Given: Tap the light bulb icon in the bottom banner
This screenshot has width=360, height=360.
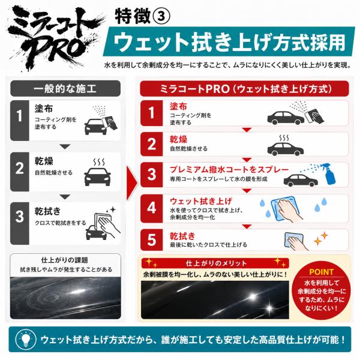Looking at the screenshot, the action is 26,339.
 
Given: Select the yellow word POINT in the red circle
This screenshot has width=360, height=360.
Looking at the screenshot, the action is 321,272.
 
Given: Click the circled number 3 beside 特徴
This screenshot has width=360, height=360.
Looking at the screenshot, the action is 161,17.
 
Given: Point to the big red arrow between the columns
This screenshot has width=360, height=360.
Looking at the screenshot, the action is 132,183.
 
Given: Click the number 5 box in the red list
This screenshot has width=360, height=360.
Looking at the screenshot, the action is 152,240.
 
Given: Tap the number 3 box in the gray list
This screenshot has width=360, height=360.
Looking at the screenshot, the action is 20,223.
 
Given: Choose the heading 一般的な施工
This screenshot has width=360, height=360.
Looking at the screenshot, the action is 65,89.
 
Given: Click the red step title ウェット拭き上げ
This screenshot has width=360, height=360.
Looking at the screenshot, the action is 201,202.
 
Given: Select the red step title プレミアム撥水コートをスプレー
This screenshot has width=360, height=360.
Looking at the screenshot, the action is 229,169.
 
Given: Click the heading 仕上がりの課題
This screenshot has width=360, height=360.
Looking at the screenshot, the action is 65,260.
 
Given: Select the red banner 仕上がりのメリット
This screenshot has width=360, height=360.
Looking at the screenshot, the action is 215,263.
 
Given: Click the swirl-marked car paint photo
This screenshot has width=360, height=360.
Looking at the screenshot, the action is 65,298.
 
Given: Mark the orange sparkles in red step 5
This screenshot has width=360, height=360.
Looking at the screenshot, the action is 321,238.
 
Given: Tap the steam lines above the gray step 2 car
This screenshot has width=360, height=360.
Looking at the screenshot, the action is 99,162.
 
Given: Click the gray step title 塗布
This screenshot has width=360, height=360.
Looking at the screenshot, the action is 44,109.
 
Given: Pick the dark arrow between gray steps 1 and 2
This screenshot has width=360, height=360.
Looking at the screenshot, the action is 65,146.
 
